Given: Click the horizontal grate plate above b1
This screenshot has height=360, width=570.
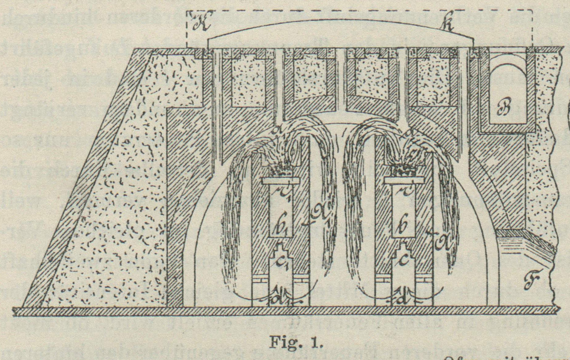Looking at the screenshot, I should point(281,181).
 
